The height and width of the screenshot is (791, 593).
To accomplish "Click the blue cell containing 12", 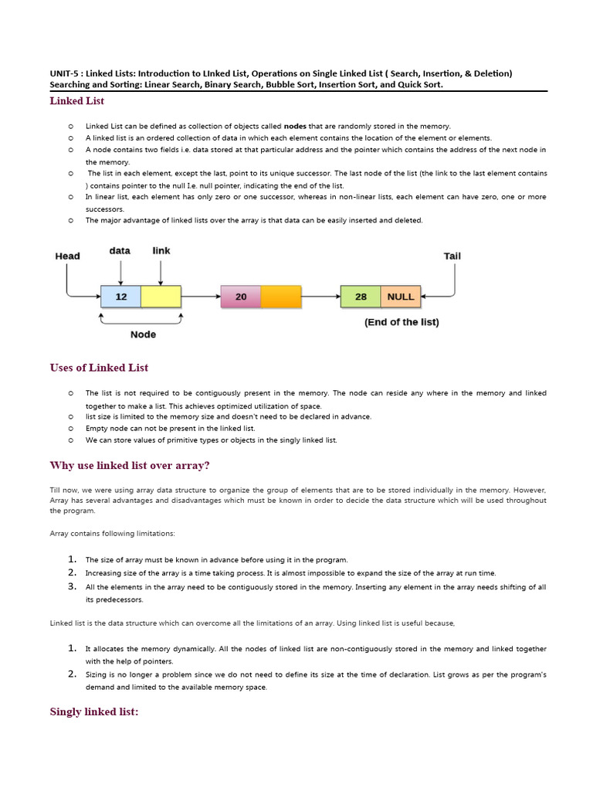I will coord(120,297).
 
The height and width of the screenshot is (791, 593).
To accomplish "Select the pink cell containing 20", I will coord(241,297).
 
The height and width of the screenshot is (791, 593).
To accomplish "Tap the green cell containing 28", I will coord(361,297).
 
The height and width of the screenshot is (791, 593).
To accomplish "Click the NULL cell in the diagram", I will coord(400,297).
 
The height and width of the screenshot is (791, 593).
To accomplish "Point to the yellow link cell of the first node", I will coord(161,297).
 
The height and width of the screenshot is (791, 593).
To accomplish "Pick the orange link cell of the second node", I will coord(280,297).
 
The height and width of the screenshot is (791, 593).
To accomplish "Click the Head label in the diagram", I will coord(67,256).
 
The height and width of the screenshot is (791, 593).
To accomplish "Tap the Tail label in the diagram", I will coord(452,256).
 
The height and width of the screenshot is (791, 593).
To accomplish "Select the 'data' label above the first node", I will coord(120,250).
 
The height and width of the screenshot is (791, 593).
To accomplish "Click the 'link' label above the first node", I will coord(161,250).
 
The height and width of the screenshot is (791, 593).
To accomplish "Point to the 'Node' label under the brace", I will coord(143,334).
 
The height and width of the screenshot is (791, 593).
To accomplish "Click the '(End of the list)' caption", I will coord(402,322).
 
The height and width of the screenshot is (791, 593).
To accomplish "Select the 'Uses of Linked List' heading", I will coord(99,368).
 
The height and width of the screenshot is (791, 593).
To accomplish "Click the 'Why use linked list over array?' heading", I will coord(130,465).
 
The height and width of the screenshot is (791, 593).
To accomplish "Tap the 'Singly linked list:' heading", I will coord(94,711).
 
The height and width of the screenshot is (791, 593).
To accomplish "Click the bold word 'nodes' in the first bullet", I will coord(295,126).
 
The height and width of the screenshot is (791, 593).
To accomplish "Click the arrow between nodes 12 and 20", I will coord(201,297).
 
